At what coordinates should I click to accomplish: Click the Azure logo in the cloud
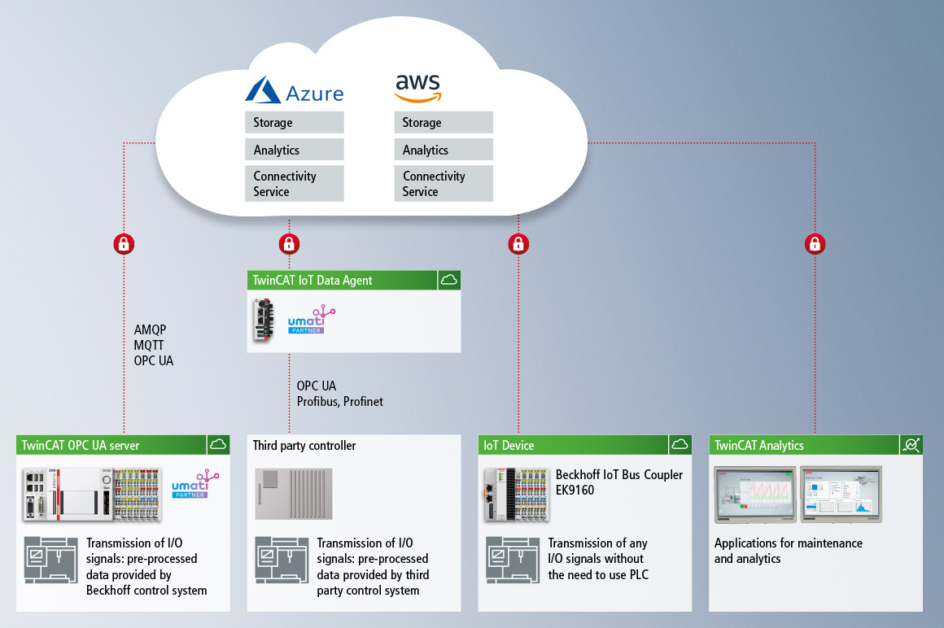tap(295, 90)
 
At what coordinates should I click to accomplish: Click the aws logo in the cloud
tap(417, 88)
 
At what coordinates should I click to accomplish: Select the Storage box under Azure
tap(295, 123)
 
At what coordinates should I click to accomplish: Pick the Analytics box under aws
tap(444, 150)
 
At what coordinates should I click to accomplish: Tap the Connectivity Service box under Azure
tap(295, 184)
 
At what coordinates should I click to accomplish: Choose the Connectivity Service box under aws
tap(444, 184)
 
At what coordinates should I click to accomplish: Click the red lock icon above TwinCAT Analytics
tap(815, 243)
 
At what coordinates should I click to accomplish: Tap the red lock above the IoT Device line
tap(518, 243)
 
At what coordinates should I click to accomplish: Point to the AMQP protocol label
tap(150, 330)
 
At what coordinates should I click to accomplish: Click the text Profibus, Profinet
tap(339, 402)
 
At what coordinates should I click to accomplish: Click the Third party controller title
tap(304, 446)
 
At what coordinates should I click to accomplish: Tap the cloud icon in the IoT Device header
tap(680, 445)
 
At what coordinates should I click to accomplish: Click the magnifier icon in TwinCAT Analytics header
tap(911, 445)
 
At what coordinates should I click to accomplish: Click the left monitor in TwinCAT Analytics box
tap(754, 495)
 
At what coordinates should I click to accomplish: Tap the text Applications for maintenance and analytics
tap(788, 551)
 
